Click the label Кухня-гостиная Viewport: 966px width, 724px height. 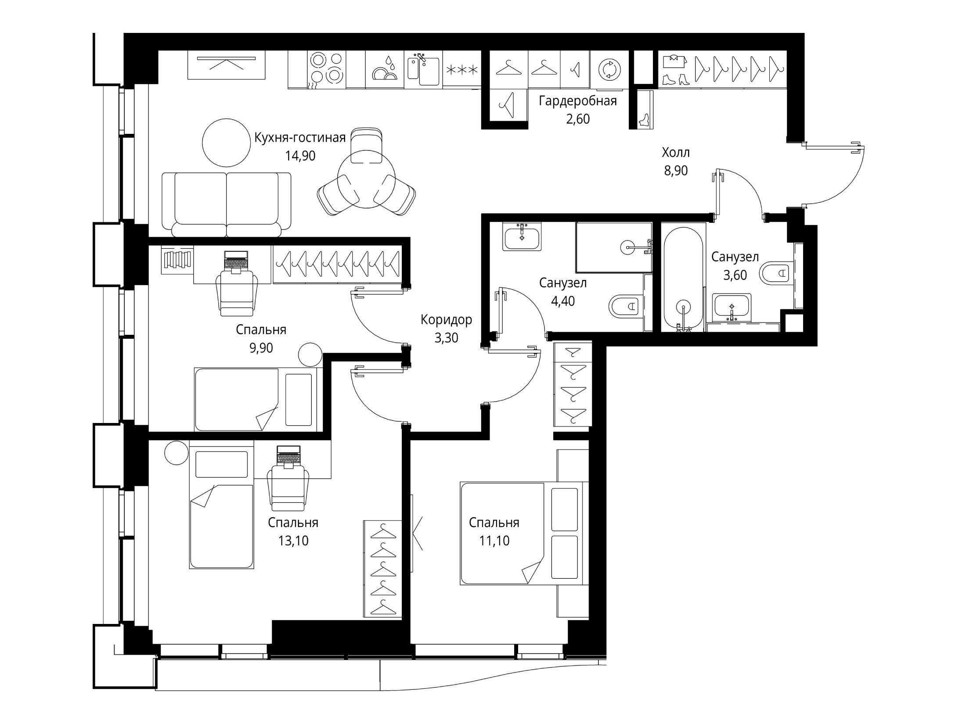click(300, 138)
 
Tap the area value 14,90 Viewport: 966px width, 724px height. click(300, 156)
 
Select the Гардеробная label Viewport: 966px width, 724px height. click(578, 101)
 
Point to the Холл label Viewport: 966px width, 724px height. click(676, 153)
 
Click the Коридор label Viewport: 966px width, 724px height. click(446, 320)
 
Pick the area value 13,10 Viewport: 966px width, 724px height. click(293, 541)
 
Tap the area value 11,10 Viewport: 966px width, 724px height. click(494, 541)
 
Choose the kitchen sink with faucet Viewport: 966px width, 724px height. click(424, 69)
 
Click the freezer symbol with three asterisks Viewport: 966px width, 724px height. click(461, 69)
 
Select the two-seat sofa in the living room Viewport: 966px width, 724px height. click(226, 204)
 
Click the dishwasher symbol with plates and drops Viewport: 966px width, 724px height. click(385, 69)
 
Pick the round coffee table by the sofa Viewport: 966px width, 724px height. click(226, 143)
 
